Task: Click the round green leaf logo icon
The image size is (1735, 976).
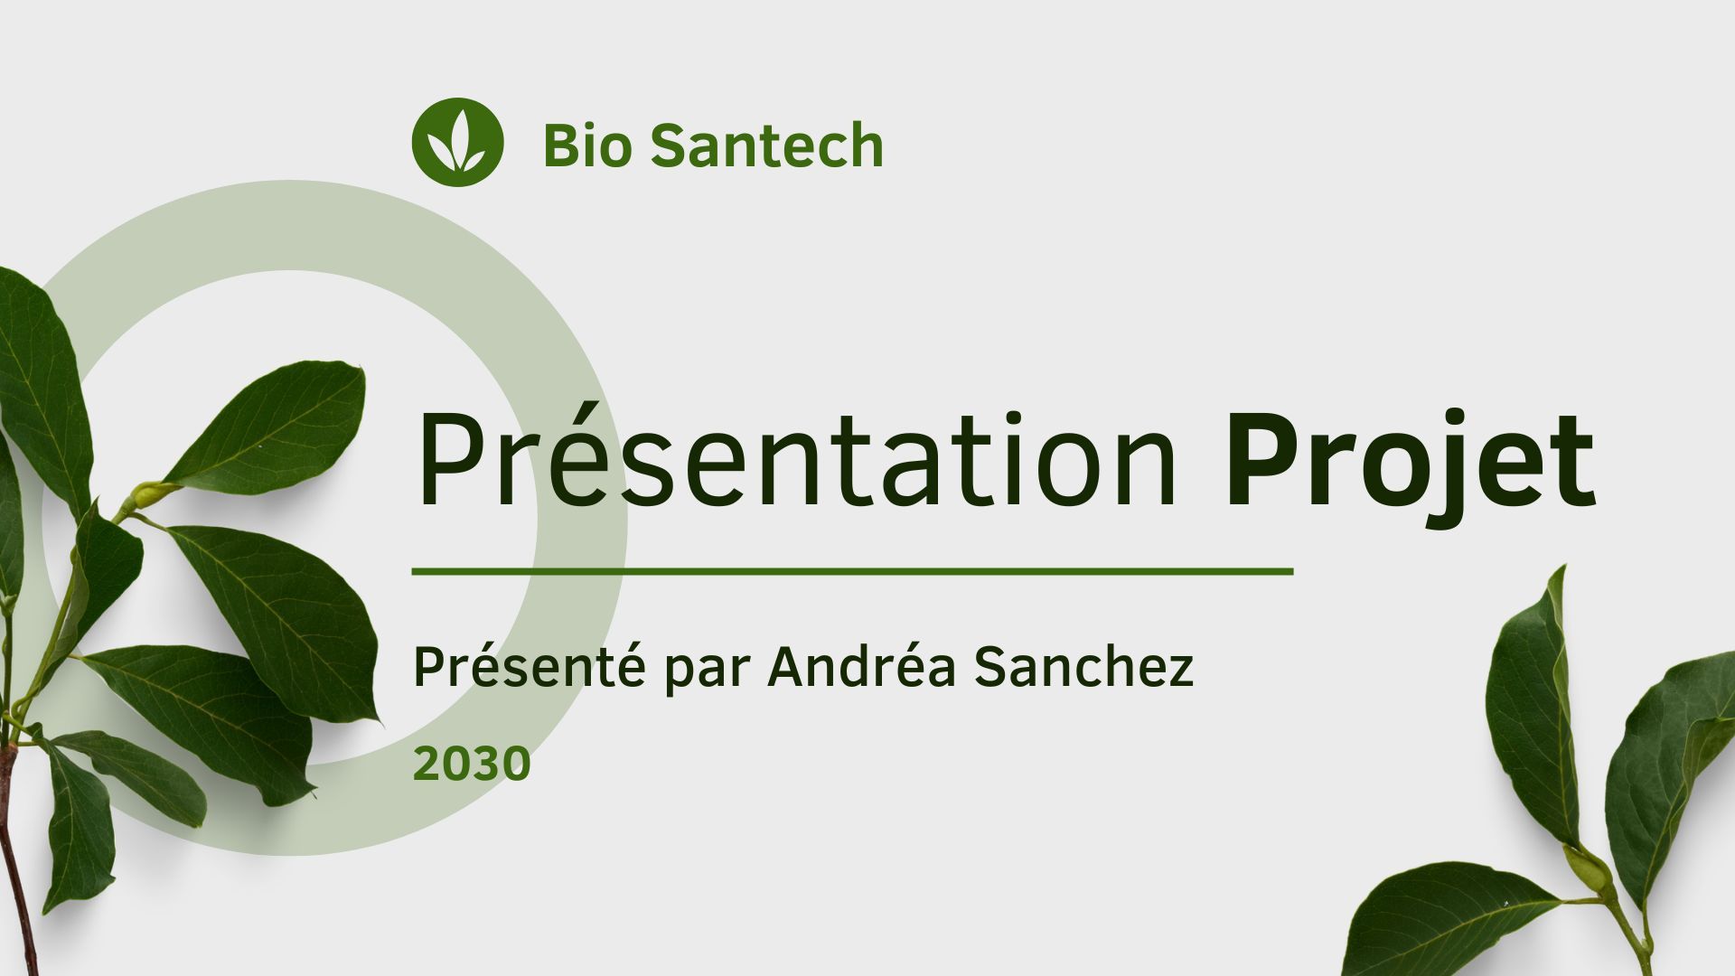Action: click(x=457, y=143)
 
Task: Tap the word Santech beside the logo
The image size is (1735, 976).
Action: click(x=766, y=145)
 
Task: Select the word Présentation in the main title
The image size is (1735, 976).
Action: click(x=796, y=461)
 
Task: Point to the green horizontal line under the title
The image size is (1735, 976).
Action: click(x=852, y=571)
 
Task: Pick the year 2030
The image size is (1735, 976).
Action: click(x=472, y=765)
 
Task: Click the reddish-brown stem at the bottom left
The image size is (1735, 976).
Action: click(x=18, y=868)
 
